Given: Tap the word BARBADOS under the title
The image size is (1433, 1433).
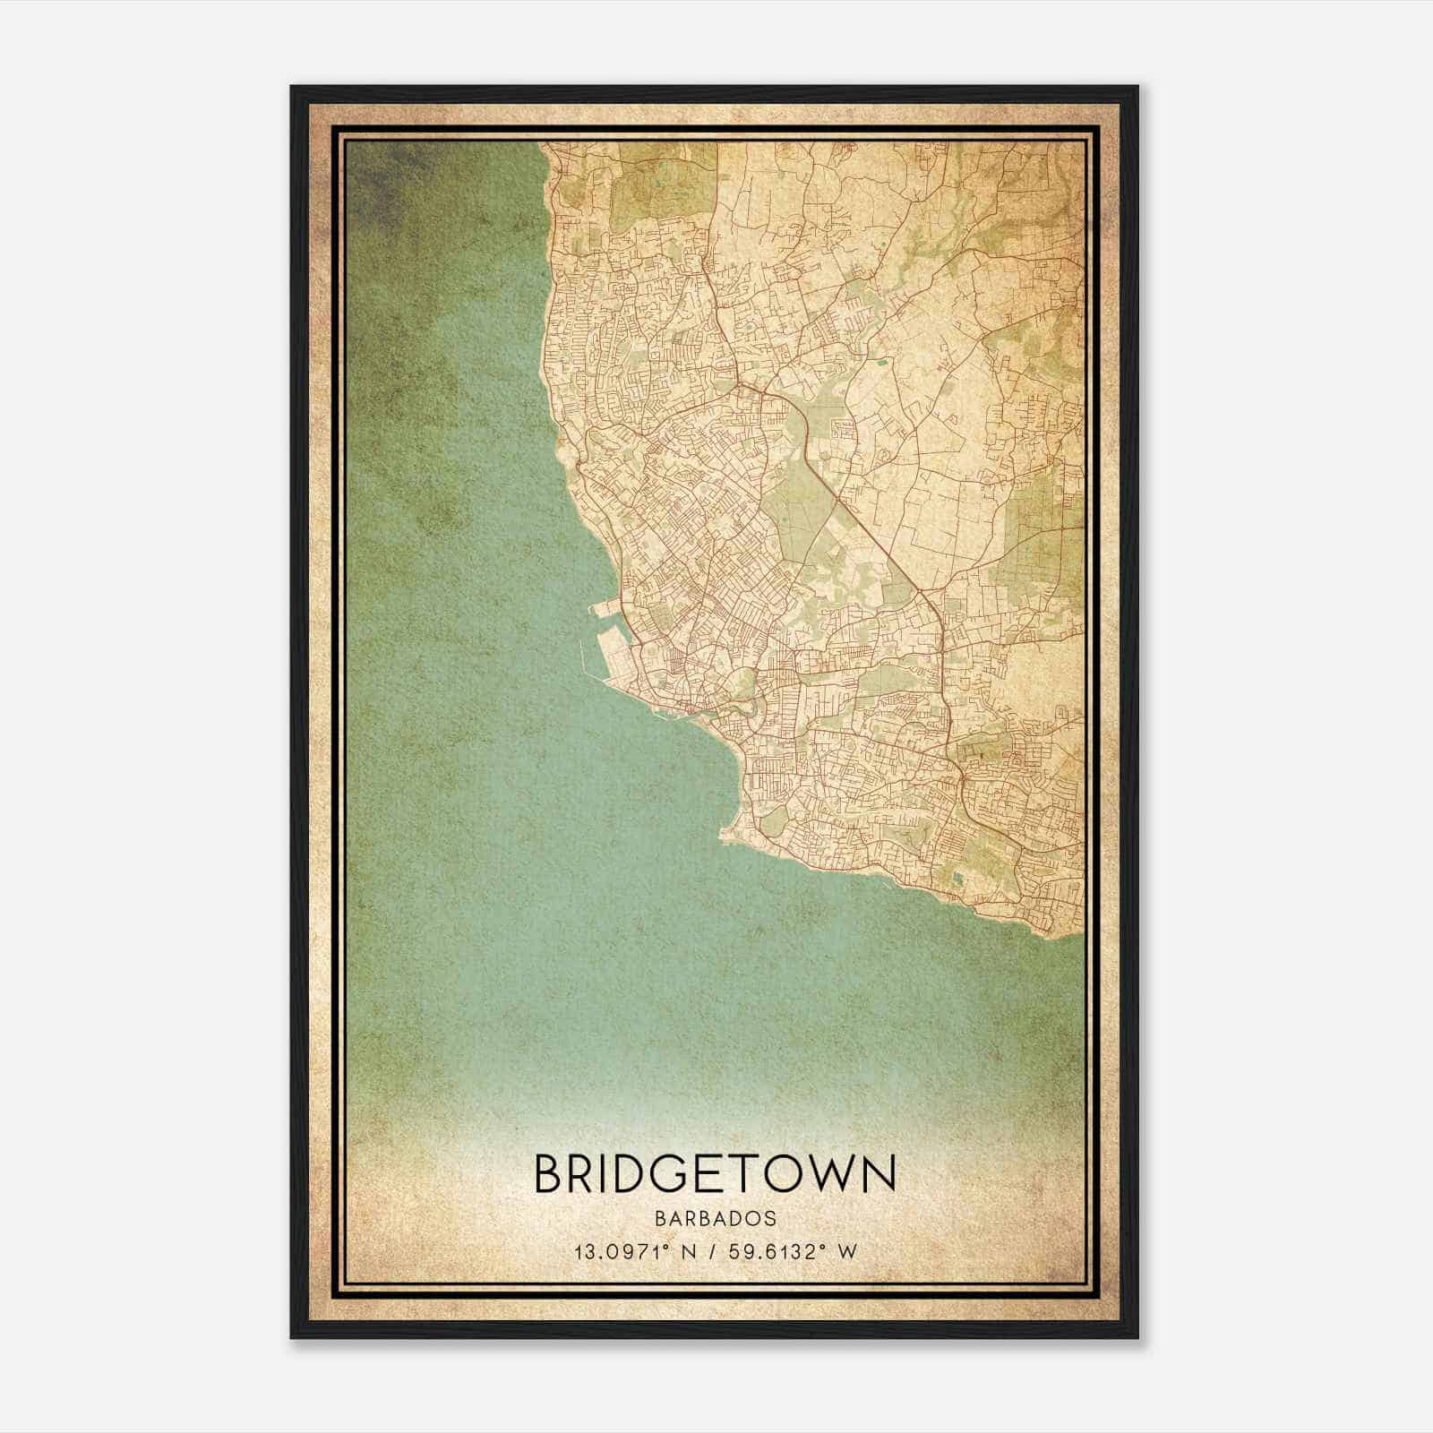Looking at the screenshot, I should point(715,1219).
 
